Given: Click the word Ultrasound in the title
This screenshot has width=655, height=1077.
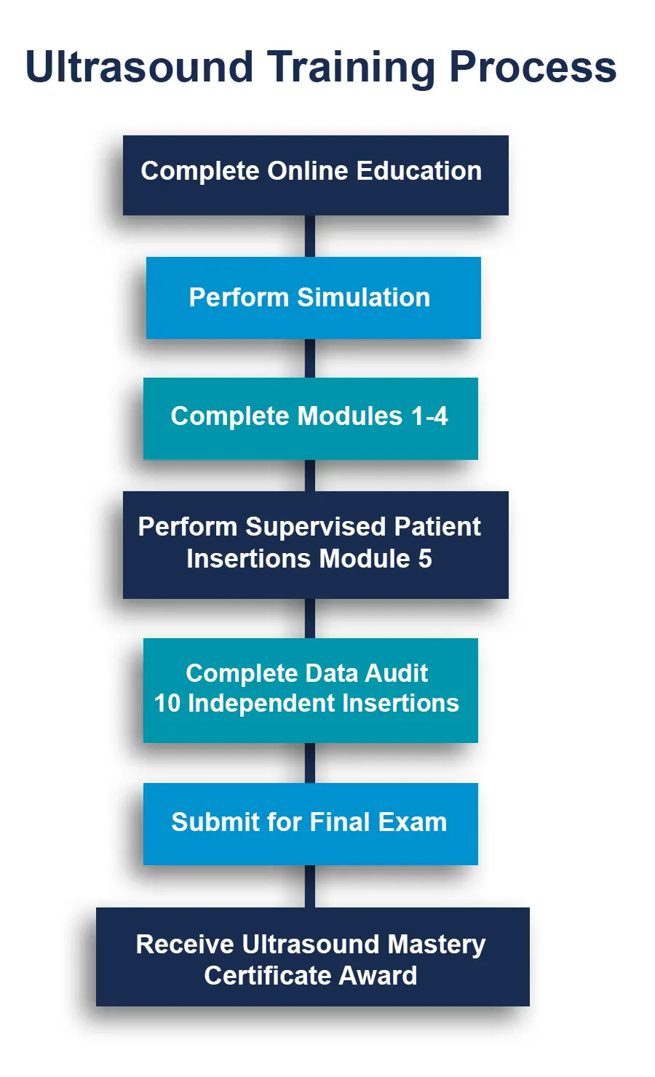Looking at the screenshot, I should click(x=139, y=67).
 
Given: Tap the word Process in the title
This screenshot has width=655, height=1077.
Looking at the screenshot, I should click(x=533, y=67).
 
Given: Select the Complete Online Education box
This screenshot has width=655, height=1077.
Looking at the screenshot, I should click(x=315, y=175).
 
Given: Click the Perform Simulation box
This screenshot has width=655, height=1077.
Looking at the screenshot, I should click(x=313, y=298).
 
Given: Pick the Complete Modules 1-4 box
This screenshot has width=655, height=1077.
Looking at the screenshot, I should click(x=310, y=418).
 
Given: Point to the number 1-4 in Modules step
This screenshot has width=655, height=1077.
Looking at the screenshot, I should click(x=429, y=416).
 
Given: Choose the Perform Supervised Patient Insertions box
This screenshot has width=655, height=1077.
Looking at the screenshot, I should click(x=315, y=545).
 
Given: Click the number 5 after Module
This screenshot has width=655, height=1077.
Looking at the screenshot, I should click(x=424, y=559).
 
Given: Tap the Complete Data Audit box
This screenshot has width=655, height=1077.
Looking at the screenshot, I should click(x=310, y=690).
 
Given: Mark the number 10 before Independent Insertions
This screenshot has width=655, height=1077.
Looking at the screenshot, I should click(x=167, y=704).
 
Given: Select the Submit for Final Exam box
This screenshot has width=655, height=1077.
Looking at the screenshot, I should click(x=310, y=824).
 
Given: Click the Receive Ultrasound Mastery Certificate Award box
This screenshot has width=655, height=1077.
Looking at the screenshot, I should click(x=312, y=957).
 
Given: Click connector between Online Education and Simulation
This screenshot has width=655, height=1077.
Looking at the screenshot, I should click(x=310, y=236).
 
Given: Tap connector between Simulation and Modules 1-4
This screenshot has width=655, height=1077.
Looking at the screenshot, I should click(x=310, y=358).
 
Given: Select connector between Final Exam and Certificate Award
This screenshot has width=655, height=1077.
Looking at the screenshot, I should click(x=310, y=886).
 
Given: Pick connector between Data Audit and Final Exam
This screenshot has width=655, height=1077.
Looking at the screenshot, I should click(x=310, y=763).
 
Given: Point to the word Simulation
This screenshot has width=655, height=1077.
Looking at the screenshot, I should click(x=363, y=298).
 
